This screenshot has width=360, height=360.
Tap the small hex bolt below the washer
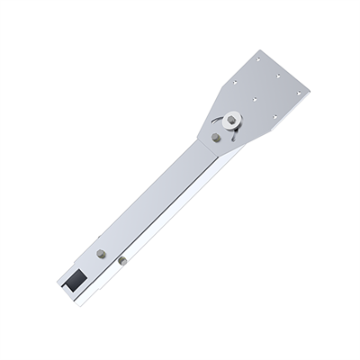pyautogui.click(x=216, y=138)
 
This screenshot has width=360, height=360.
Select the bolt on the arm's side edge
pyautogui.click(x=120, y=262)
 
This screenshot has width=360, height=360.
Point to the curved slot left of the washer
pyautogui.click(x=217, y=121)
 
